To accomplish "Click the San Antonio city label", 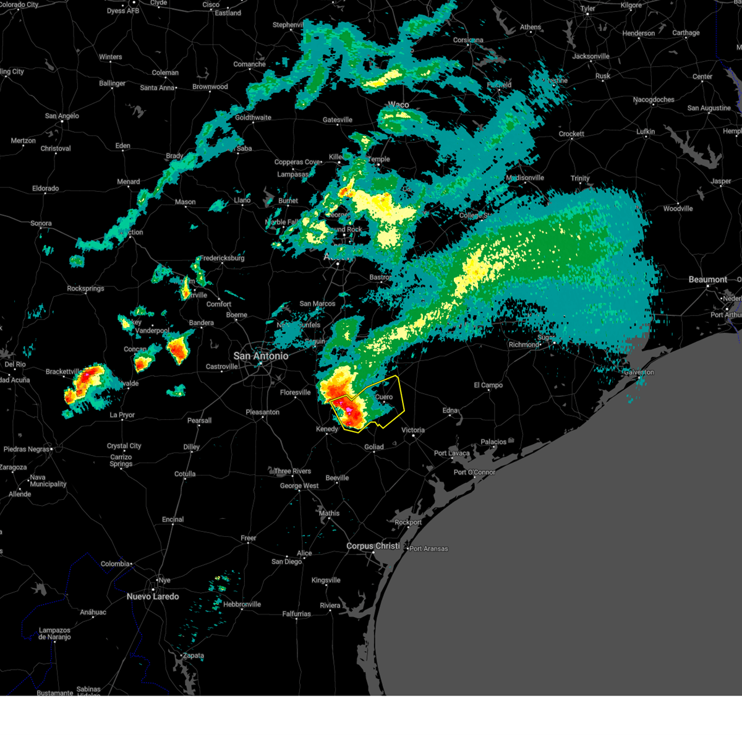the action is point(260,356).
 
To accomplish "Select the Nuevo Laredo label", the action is point(153,597).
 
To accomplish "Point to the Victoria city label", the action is point(413,430).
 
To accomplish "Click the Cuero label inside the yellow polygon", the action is point(384,397).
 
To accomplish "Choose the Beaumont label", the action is point(708,279).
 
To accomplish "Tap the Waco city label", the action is point(398,104).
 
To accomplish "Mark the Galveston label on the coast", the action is point(639,372).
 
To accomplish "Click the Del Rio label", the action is point(15,364).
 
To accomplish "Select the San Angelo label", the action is point(62,116).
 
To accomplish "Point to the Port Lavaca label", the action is point(452,453).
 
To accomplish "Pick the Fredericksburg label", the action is point(222,258).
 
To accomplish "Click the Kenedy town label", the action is point(327,429).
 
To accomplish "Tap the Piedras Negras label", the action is point(27,449).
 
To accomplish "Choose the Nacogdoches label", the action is point(654,100).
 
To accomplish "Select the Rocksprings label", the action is point(85,288).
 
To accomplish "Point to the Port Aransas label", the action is point(429,548).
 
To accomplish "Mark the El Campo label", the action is point(488,385).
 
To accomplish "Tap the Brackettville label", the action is point(63,372).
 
